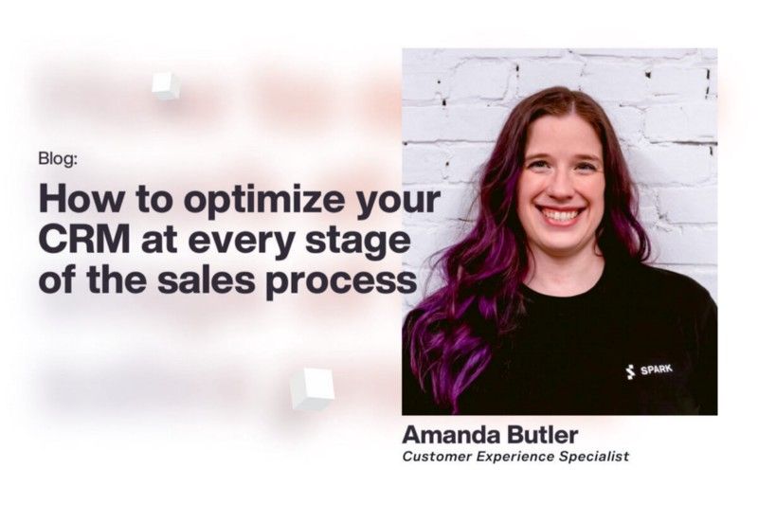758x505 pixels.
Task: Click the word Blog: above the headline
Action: pyautogui.click(x=58, y=159)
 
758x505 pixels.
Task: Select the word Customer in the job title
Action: pyautogui.click(x=436, y=457)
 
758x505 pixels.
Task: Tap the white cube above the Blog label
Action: pyautogui.click(x=166, y=85)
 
